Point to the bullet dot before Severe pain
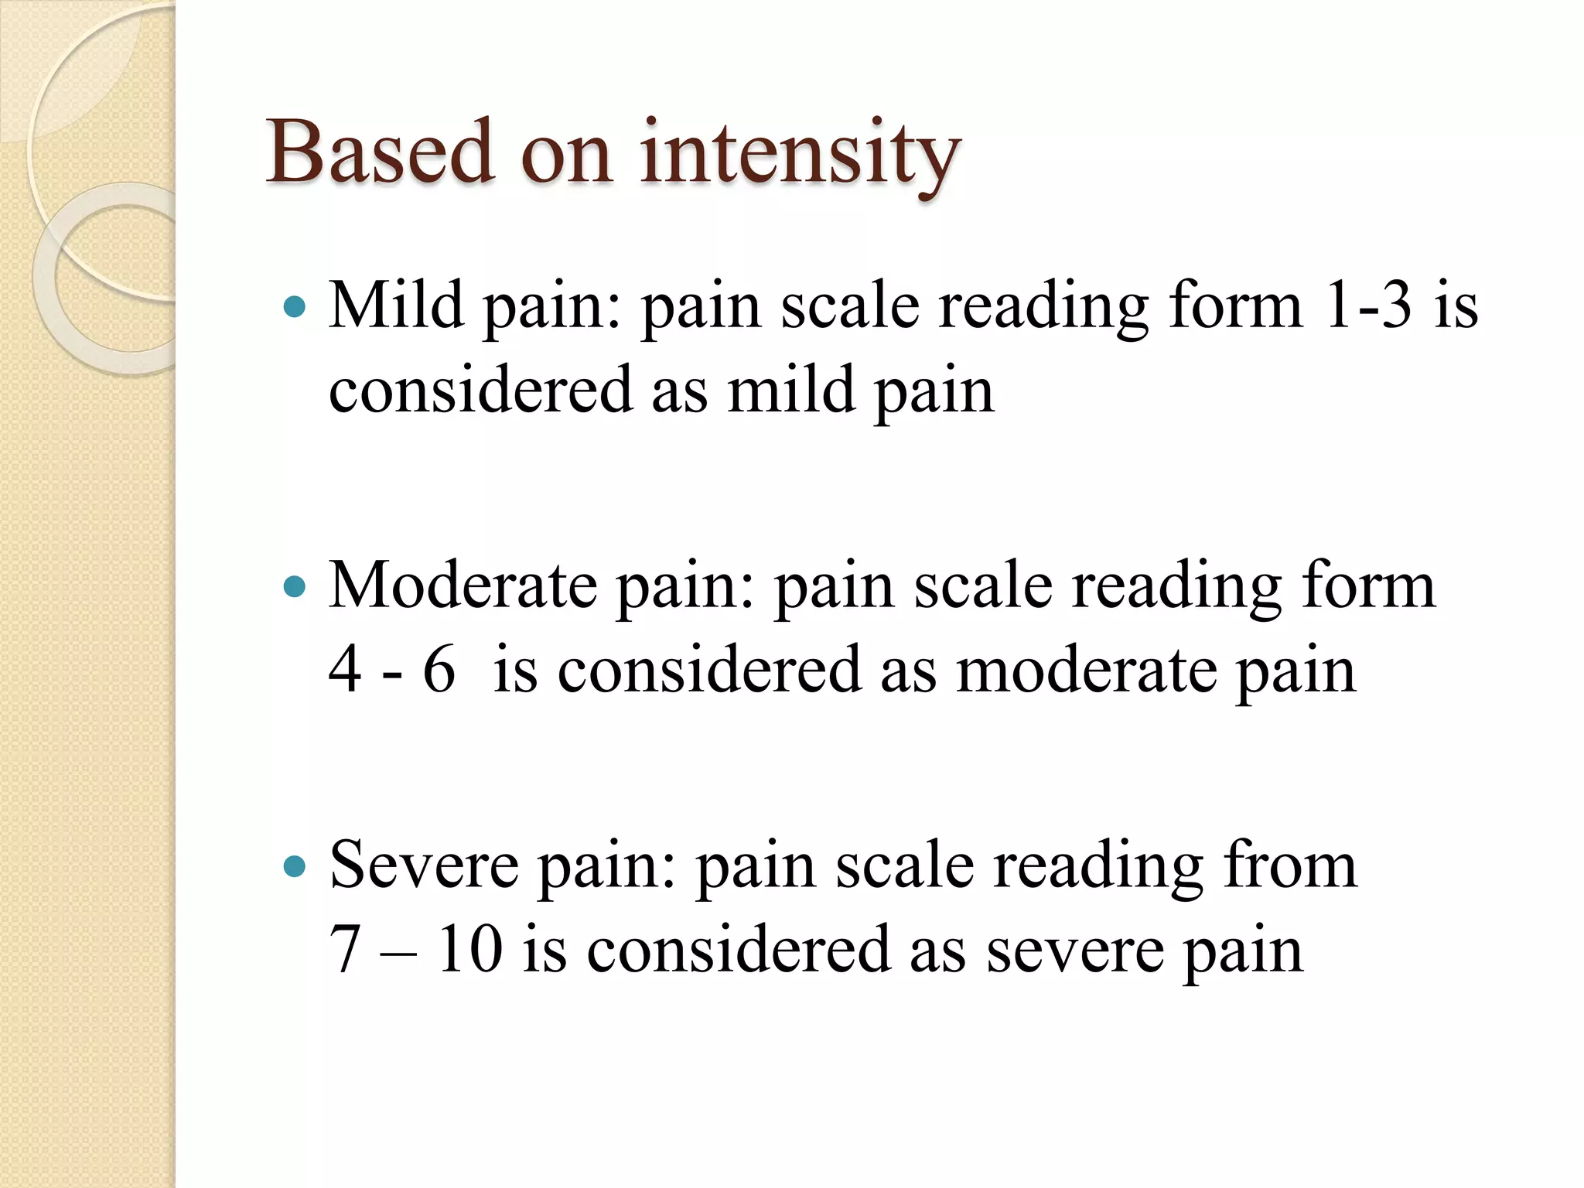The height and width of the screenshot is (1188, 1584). [295, 866]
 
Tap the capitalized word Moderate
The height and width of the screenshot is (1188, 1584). [463, 585]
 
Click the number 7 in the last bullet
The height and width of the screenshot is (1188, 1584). [345, 949]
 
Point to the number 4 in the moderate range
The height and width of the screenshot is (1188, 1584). [345, 669]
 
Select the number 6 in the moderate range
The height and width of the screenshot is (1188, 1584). [439, 669]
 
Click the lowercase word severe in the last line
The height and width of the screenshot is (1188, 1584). [1075, 950]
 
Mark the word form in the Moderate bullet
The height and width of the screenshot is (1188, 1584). [1369, 585]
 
